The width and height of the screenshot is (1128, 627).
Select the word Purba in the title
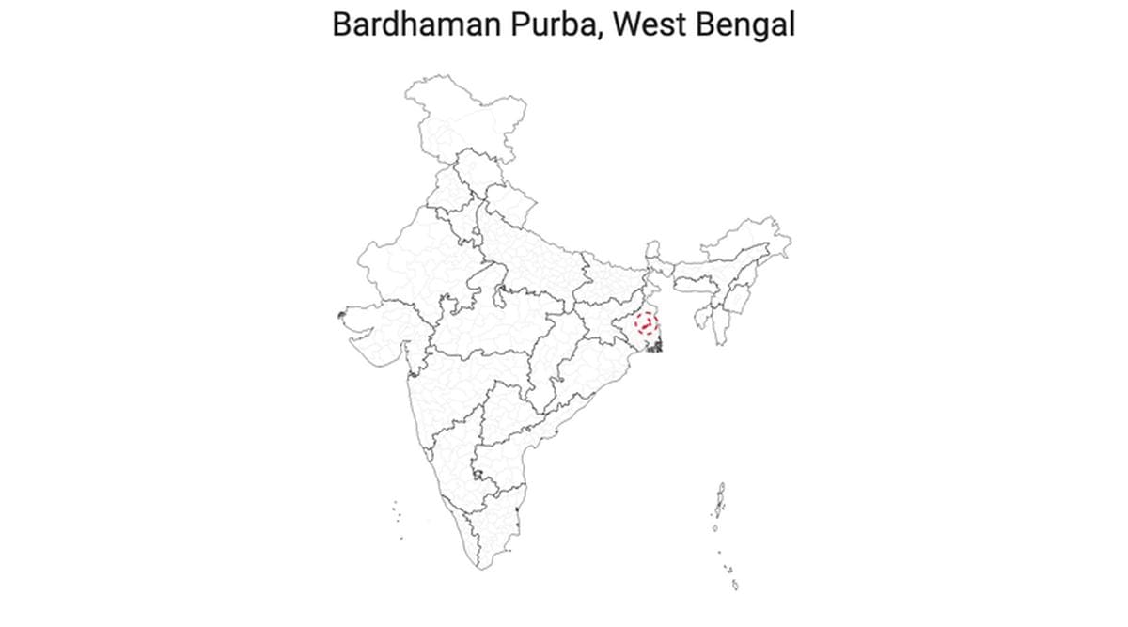click(x=554, y=25)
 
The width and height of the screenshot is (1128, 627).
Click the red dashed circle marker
click(x=647, y=325)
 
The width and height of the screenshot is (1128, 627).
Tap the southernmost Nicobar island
click(x=734, y=586)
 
